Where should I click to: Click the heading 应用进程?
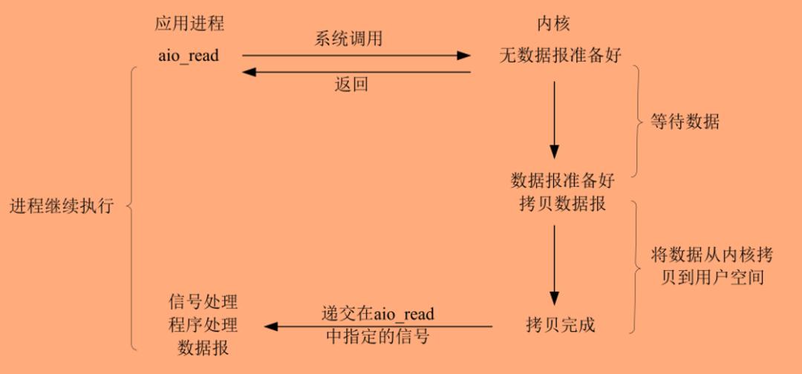point(190,23)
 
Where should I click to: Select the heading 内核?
point(553,23)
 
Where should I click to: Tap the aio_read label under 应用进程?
point(189,55)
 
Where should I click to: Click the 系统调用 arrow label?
point(348,39)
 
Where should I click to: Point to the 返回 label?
point(351,84)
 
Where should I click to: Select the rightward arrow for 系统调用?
point(356,55)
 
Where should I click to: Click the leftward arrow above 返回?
point(356,72)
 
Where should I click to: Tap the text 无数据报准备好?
point(561,55)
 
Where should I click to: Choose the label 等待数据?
point(685,122)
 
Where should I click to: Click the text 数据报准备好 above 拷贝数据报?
point(563,180)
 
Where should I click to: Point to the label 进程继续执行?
point(62,206)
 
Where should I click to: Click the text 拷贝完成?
point(561,325)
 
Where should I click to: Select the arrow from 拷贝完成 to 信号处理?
point(379,326)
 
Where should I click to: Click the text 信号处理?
point(203,301)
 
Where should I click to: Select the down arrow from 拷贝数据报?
point(554,265)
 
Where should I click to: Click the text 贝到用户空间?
point(712,278)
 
